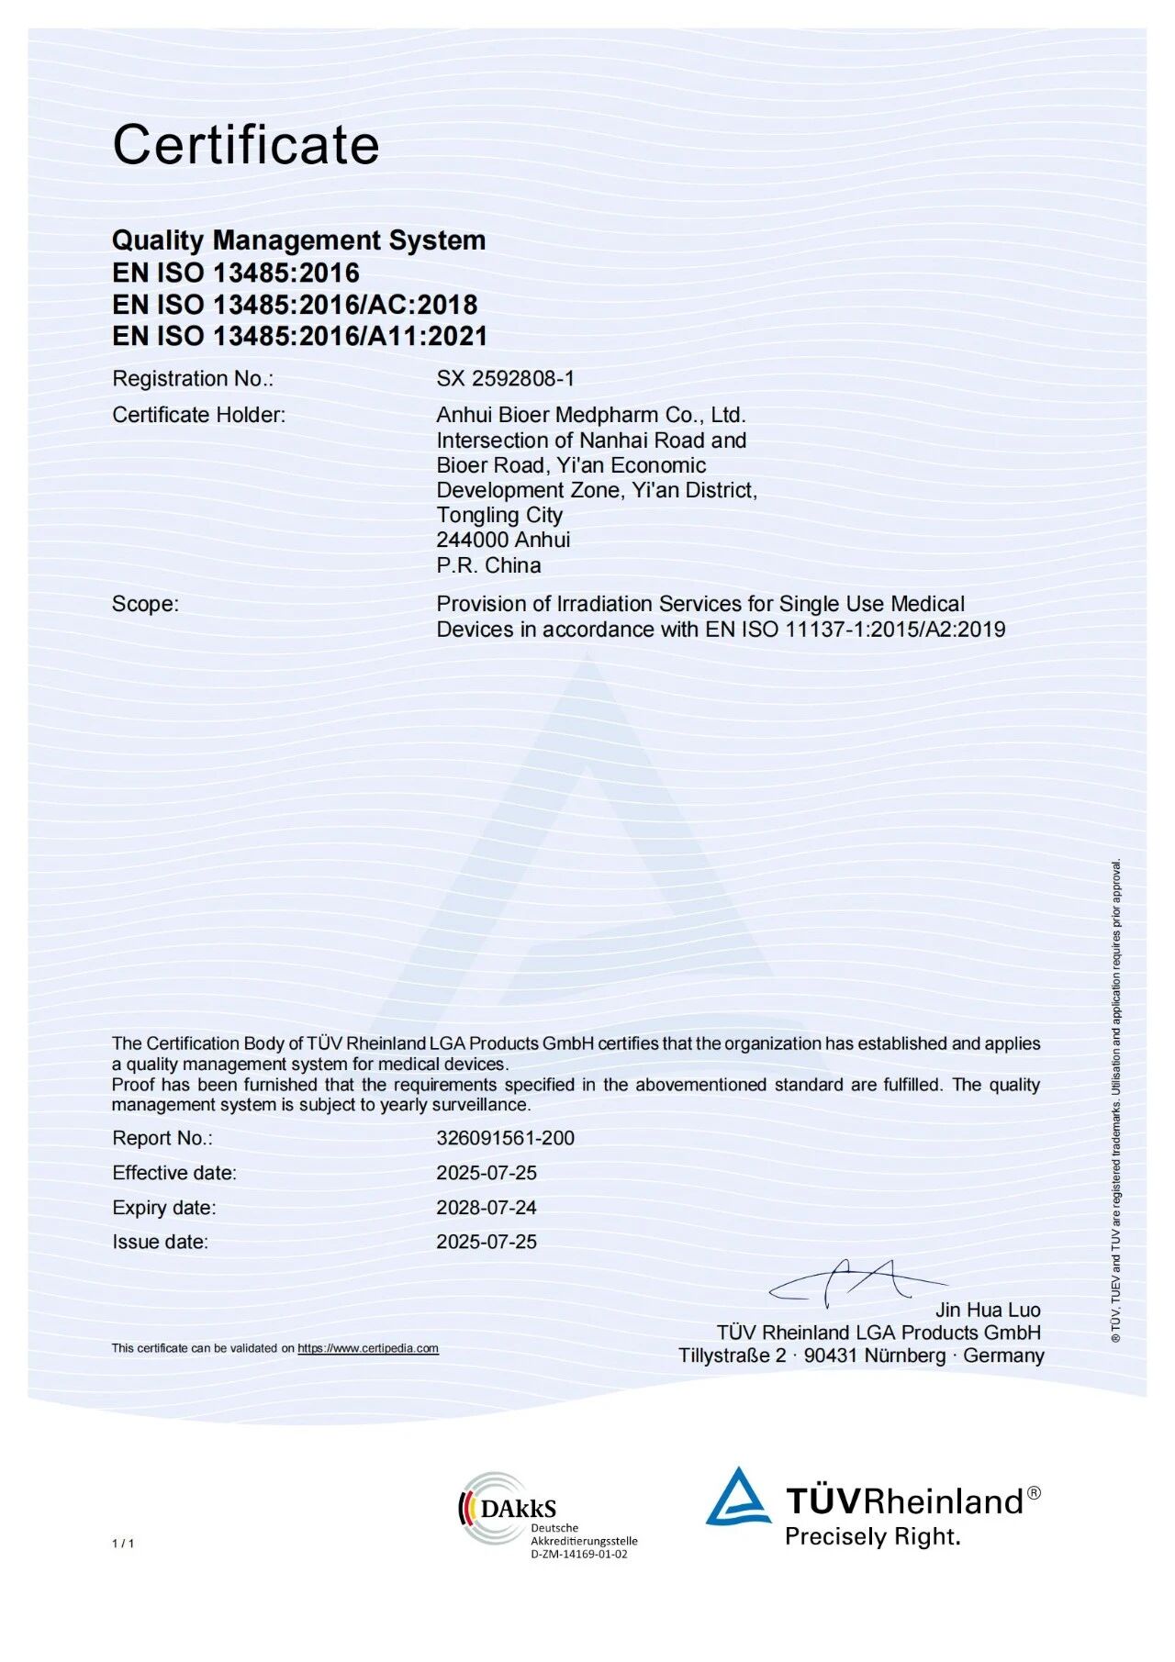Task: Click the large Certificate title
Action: point(245,145)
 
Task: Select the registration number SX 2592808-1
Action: point(505,378)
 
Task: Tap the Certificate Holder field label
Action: point(198,415)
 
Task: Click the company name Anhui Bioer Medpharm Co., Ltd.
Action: point(590,415)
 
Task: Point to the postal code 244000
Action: point(466,540)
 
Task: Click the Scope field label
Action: point(145,604)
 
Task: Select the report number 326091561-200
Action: point(505,1138)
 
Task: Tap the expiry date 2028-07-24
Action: point(487,1208)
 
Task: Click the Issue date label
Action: point(160,1242)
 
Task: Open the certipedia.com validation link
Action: point(367,1348)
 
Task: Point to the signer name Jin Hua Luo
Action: point(988,1310)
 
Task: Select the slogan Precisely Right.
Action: point(872,1536)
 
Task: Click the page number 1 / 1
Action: point(123,1543)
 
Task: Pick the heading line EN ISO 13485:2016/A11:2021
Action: point(299,336)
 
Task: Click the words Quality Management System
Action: point(298,240)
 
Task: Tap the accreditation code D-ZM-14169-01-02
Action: point(578,1554)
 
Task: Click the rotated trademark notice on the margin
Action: point(1116,1101)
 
